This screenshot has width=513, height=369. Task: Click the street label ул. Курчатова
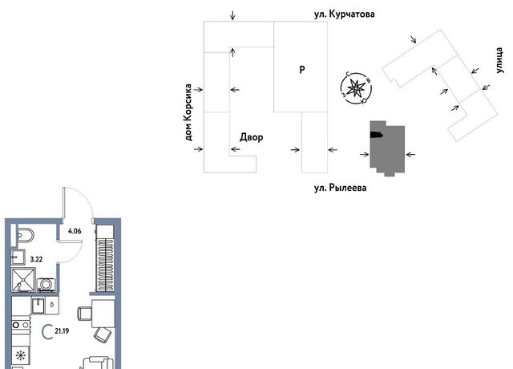pos(345,14)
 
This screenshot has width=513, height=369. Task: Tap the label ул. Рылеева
pos(340,188)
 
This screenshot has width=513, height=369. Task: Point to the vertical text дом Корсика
pos(190,112)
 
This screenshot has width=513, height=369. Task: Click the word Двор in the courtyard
pos(251,138)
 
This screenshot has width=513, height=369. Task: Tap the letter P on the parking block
pos(301,70)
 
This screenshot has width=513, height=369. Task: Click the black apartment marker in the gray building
pos(375,135)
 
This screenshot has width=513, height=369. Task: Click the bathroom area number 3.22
pos(35,260)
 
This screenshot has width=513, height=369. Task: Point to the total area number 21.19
pos(62,330)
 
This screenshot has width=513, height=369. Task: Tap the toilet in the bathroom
pos(23,235)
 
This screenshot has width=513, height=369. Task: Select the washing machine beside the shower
pos(45,284)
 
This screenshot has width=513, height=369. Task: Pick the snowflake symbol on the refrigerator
pos(19,355)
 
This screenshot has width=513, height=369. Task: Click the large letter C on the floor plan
pos(46,329)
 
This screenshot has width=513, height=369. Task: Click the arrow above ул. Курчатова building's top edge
pos(232,15)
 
